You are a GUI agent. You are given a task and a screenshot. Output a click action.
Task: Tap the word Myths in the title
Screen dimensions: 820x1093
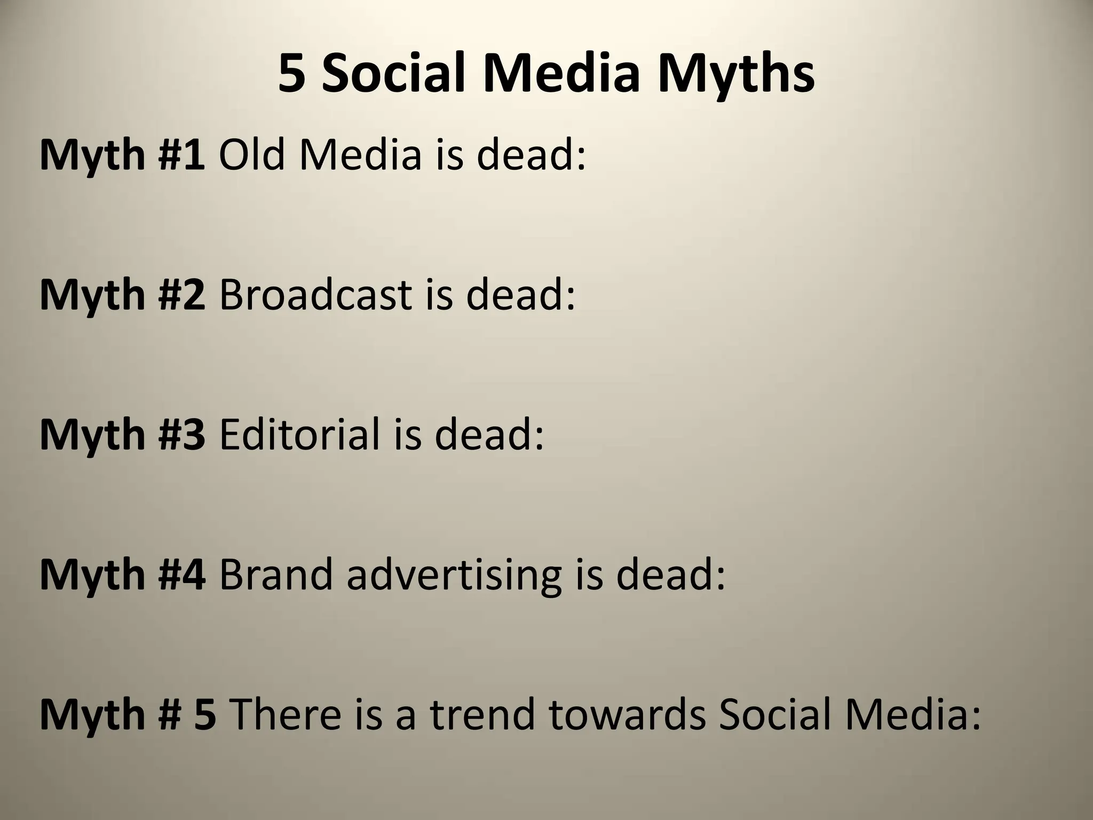point(735,74)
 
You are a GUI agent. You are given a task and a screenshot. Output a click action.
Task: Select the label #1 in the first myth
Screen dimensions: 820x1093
point(181,155)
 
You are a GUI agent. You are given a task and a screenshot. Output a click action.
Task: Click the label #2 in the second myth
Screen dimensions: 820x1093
point(181,295)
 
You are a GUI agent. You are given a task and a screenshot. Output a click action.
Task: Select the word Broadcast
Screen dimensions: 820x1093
point(315,295)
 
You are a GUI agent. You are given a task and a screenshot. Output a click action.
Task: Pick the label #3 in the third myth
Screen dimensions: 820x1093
point(181,435)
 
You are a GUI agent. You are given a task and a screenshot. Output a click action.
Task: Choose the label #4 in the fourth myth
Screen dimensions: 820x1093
point(181,574)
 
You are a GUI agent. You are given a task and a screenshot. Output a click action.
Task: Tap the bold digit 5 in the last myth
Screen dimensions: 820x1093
point(205,714)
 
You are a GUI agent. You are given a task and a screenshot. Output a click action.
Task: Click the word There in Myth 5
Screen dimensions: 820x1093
point(286,714)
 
